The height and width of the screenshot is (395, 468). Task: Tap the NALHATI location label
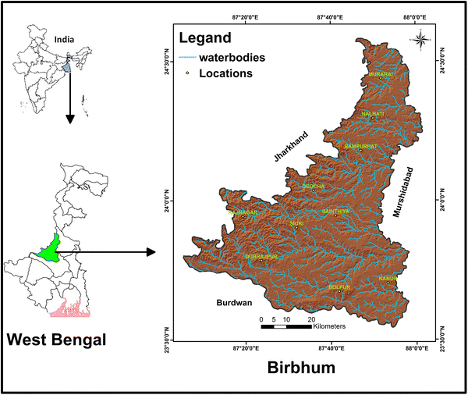click(374, 114)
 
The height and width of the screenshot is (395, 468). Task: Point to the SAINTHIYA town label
click(336, 211)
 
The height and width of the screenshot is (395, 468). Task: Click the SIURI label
click(296, 223)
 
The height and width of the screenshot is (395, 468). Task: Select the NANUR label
click(388, 278)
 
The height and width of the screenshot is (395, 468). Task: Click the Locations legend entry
click(225, 74)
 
